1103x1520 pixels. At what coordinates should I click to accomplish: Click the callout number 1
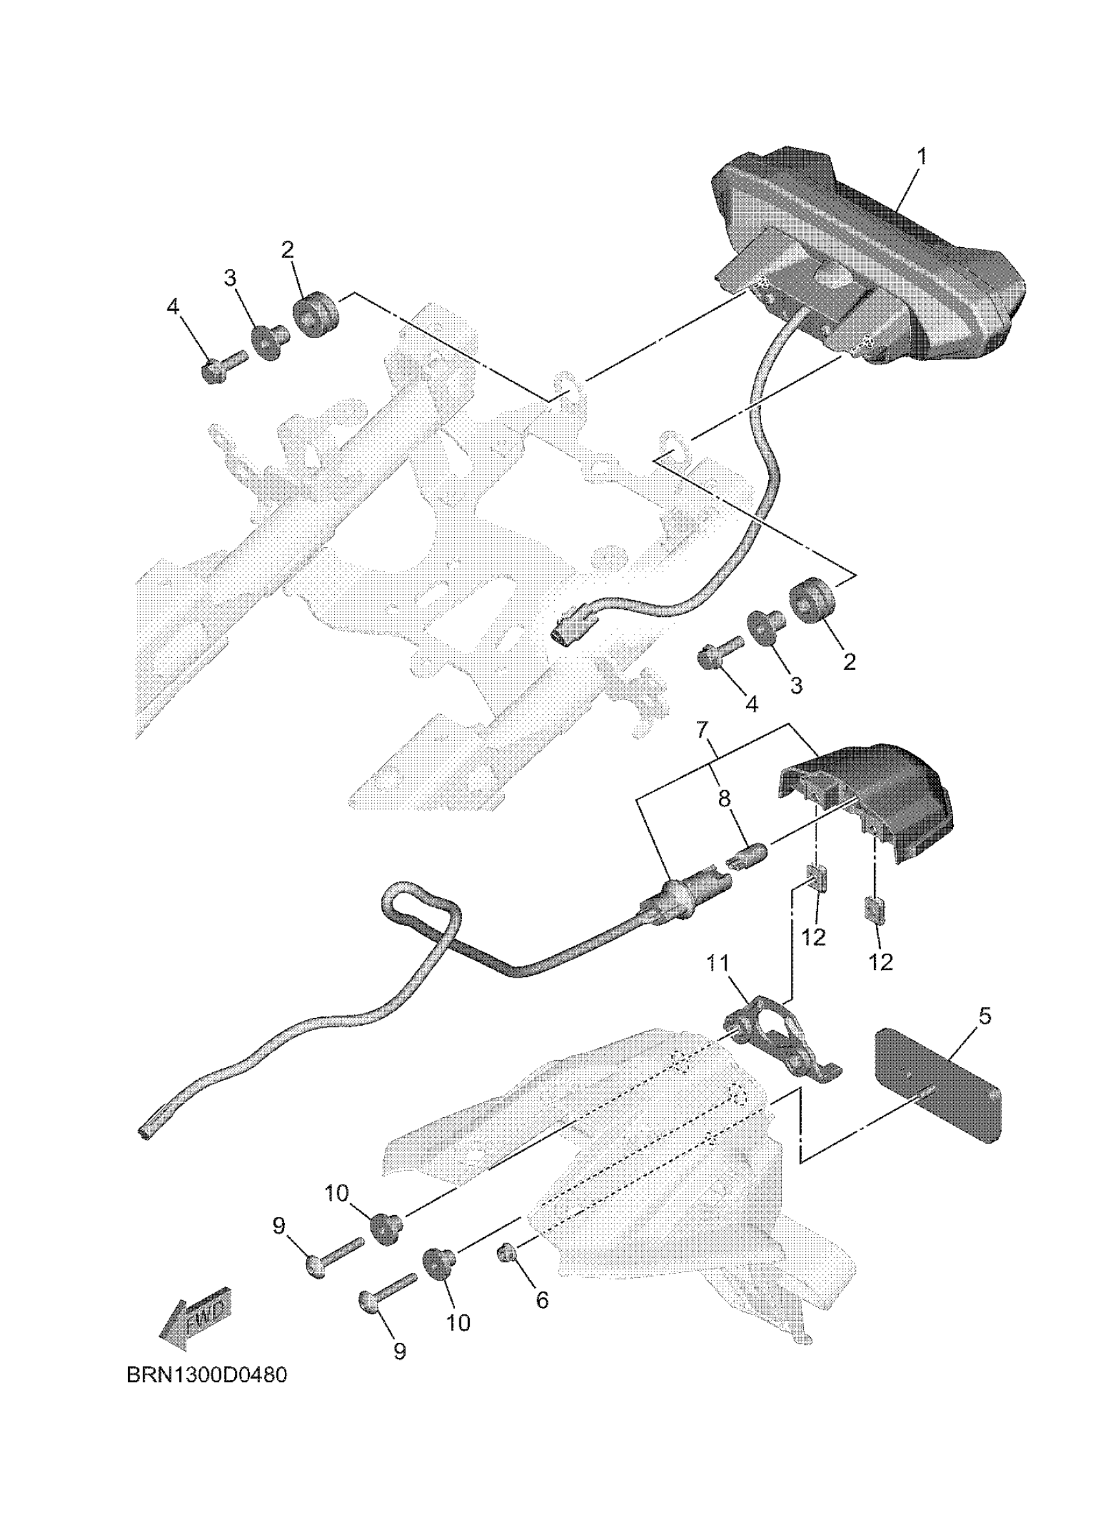tap(921, 158)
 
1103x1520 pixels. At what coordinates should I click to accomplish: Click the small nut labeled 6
tap(507, 1251)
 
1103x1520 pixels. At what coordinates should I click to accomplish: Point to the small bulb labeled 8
tap(748, 858)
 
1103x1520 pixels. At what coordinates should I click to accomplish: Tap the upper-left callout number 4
tap(173, 307)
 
